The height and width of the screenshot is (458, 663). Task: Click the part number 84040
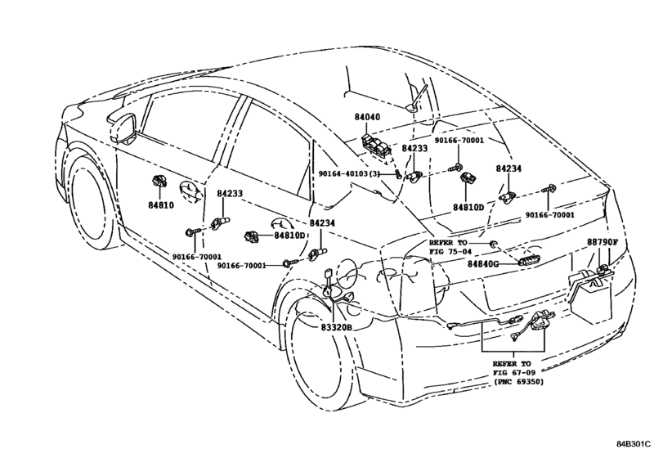point(367,117)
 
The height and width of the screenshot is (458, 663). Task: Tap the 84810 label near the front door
point(161,205)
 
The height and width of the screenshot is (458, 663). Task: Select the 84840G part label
point(482,264)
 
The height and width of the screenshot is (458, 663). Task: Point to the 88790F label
point(603,242)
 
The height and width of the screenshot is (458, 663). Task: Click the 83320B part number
point(336,327)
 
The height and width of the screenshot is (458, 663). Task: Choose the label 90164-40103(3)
point(350,173)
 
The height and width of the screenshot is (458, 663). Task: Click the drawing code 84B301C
point(633,444)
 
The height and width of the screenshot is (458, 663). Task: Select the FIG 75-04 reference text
point(448,252)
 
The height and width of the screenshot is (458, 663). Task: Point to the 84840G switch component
point(530,261)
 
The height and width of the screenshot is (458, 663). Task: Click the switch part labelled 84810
point(159,181)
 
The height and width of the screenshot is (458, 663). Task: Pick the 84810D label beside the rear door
point(289,236)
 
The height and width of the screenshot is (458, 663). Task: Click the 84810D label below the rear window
point(468,208)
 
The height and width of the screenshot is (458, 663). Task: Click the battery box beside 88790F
point(591,299)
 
